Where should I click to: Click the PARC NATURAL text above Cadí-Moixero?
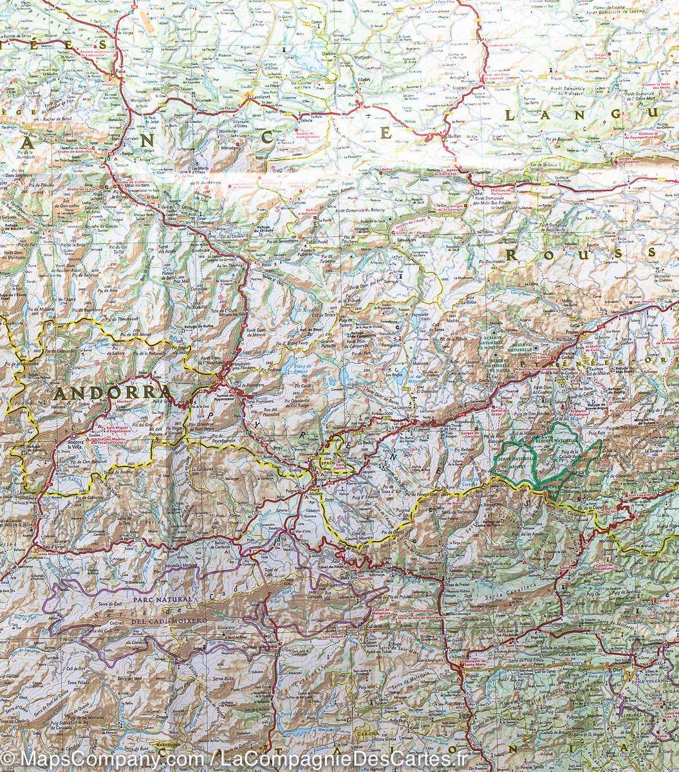pyautogui.click(x=163, y=600)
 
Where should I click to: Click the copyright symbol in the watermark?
pyautogui.click(x=9, y=760)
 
